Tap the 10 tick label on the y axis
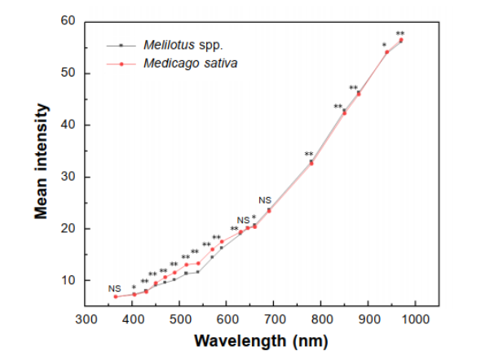point(68,280)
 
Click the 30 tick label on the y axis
point(68,177)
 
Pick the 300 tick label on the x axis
point(86,320)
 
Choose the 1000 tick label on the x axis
point(416,320)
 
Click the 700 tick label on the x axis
point(275,320)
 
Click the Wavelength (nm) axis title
point(251,340)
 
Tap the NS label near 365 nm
point(114,288)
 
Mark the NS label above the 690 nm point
point(265,200)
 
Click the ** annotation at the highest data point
point(400,34)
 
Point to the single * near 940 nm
point(384,46)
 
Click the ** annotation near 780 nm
point(309,155)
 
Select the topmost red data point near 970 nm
point(401,40)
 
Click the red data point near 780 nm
point(311,163)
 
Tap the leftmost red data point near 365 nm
point(116,296)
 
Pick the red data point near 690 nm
point(269,210)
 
